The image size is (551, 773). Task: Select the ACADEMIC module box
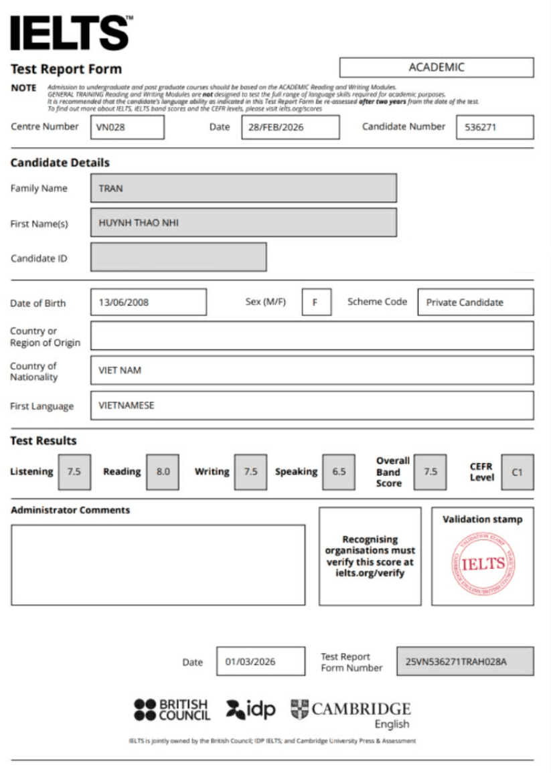point(437,68)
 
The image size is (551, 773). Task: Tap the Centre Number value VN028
point(127,127)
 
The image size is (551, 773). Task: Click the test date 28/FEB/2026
point(290,127)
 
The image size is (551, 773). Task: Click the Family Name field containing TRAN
point(243,188)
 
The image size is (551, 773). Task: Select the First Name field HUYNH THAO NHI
point(243,223)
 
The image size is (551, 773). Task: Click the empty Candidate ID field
point(178,257)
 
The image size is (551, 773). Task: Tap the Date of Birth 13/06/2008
point(148,302)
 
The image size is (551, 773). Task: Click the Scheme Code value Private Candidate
point(475,302)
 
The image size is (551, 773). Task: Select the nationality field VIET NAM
point(312,370)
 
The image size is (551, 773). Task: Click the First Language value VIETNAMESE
point(312,406)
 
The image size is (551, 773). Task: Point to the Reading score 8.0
point(163,471)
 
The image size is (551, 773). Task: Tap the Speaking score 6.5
point(339,471)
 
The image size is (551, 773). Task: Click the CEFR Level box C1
point(517,471)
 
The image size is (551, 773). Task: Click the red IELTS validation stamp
point(483,564)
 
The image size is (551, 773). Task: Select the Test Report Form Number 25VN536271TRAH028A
point(465,661)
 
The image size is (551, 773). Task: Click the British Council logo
point(172,710)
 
